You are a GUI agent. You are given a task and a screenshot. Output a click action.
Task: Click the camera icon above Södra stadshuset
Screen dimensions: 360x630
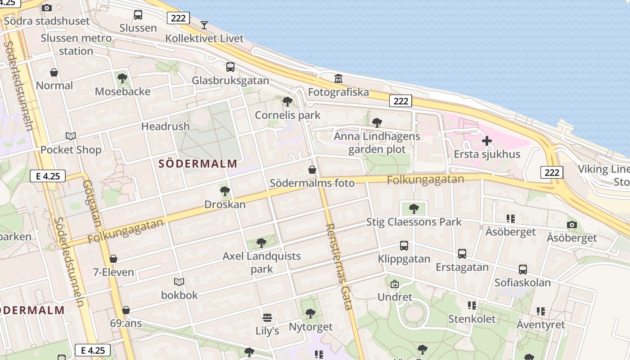click(47, 8)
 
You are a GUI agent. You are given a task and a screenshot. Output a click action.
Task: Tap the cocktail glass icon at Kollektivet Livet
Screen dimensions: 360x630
click(204, 25)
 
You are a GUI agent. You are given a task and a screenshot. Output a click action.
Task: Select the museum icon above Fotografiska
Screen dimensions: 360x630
click(338, 79)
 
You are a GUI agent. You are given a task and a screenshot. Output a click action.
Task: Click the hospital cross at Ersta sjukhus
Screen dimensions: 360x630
click(486, 141)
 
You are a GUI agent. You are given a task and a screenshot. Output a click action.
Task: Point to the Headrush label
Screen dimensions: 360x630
click(166, 126)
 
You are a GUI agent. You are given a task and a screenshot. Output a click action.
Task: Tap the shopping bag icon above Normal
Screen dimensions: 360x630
click(54, 72)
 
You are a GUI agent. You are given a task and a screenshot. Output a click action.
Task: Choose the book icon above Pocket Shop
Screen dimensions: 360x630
click(71, 136)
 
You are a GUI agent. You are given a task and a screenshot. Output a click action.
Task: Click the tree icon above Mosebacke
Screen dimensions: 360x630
click(122, 78)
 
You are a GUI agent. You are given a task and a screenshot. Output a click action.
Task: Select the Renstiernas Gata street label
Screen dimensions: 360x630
click(338, 266)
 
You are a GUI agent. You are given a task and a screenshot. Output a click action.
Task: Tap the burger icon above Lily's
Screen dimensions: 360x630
click(267, 318)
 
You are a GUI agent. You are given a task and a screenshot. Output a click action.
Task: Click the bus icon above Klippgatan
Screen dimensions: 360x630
click(404, 246)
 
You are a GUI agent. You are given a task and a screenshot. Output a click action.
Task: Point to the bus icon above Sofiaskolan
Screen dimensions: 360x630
click(522, 270)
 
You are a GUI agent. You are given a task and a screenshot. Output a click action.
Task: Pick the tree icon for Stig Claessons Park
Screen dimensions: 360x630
click(414, 208)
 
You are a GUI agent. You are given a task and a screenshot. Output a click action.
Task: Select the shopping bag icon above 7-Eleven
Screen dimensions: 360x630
click(113, 259)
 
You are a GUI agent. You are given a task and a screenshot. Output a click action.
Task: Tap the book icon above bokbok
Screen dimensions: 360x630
click(179, 282)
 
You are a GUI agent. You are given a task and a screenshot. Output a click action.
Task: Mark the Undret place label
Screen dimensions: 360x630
click(395, 297)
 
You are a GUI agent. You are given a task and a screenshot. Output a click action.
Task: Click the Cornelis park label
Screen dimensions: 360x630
click(288, 115)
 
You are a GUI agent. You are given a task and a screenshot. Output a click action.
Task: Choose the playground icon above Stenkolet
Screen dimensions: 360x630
click(472, 306)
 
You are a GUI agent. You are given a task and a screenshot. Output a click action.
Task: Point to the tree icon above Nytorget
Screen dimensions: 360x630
click(310, 314)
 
